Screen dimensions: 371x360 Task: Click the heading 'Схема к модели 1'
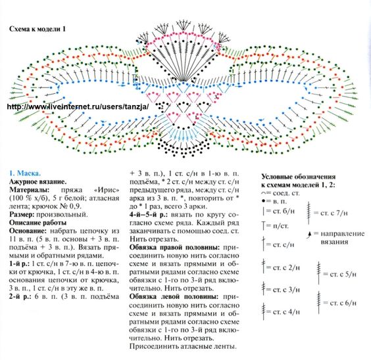tap(37, 29)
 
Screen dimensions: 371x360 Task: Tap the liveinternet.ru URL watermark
tap(78, 106)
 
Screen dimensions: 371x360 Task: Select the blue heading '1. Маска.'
tap(25, 173)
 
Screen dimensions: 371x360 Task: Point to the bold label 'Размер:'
tap(22, 214)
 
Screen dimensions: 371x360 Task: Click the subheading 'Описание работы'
tap(38, 223)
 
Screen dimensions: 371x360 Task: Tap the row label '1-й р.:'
tap(19, 263)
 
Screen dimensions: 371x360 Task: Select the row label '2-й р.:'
tap(20, 296)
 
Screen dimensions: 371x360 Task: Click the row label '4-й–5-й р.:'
tap(149, 215)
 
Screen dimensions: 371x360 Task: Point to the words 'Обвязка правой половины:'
tap(174, 248)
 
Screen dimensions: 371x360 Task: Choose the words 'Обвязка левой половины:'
tap(174, 297)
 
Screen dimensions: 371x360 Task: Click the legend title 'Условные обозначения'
tap(299, 177)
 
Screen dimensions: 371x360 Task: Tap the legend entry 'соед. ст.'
tap(281, 193)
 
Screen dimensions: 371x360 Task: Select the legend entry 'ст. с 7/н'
tap(328, 213)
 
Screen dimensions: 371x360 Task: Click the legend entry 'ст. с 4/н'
tap(281, 312)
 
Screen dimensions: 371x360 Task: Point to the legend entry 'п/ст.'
tap(276, 226)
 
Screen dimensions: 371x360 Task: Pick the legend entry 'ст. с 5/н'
tap(336, 274)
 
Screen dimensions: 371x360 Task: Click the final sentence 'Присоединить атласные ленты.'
tap(183, 346)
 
